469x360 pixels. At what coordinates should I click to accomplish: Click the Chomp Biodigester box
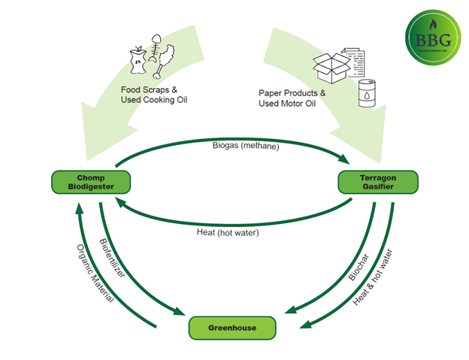tap(90, 182)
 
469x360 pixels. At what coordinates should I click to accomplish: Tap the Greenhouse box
tap(232, 327)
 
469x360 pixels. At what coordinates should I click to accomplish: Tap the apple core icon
tap(138, 59)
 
